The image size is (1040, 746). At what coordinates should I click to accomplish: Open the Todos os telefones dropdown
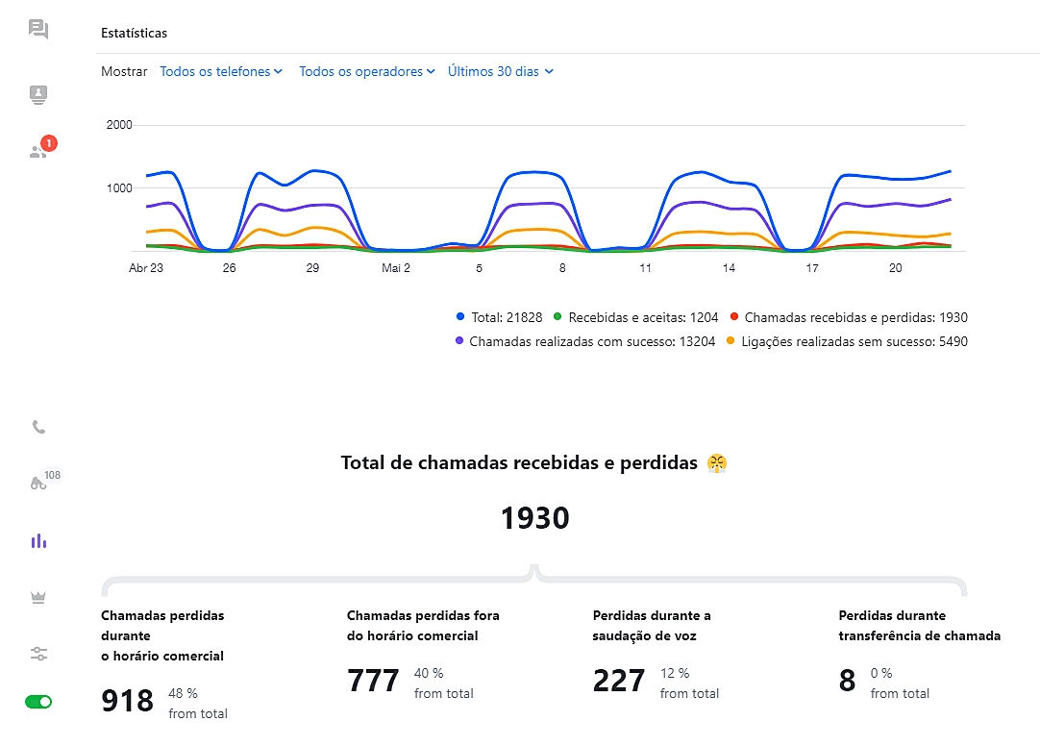click(x=221, y=71)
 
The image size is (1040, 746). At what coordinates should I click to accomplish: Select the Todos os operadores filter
click(x=367, y=71)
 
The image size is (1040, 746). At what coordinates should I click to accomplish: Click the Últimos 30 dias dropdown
click(x=501, y=71)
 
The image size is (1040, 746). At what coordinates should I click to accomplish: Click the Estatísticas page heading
click(x=134, y=33)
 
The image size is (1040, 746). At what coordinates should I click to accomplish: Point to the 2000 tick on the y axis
click(x=119, y=125)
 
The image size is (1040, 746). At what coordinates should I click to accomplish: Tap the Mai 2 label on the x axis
click(x=396, y=268)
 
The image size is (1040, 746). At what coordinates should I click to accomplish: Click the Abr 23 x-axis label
click(x=146, y=268)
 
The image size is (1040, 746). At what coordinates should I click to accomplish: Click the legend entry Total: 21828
click(x=500, y=317)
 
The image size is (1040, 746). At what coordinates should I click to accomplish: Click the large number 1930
click(x=534, y=518)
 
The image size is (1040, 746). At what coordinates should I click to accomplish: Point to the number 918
click(x=127, y=701)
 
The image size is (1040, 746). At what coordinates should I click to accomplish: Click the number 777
click(x=373, y=681)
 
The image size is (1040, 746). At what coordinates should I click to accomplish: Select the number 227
click(x=619, y=681)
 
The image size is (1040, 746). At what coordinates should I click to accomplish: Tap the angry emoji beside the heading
click(x=716, y=463)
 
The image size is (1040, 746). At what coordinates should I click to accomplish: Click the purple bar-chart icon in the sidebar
click(x=38, y=541)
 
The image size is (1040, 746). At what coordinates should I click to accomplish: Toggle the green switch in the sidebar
click(x=38, y=702)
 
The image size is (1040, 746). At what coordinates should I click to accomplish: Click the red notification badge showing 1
click(x=49, y=143)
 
